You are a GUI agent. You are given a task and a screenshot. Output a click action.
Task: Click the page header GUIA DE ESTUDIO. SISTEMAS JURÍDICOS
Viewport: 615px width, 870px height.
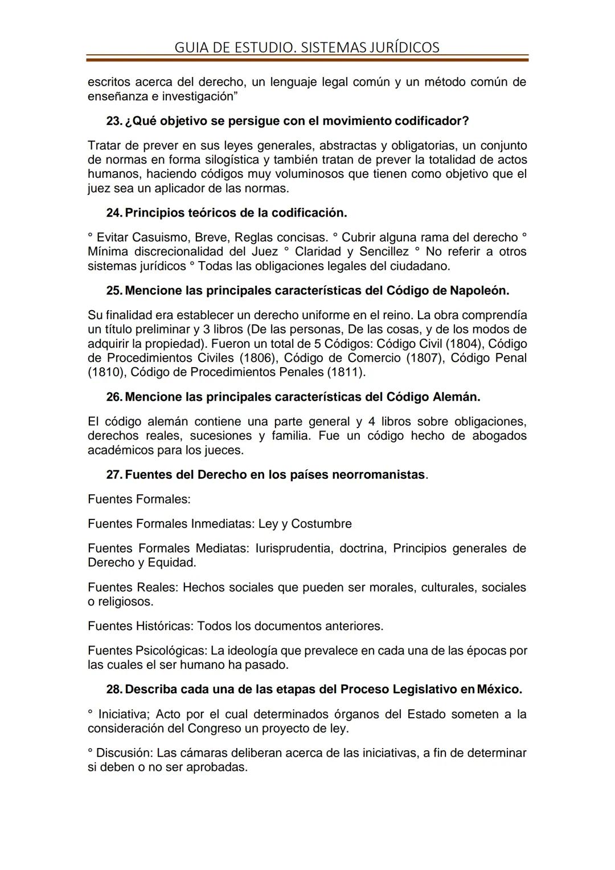pos(307,47)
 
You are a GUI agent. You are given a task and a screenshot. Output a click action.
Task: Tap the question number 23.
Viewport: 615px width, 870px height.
pos(114,121)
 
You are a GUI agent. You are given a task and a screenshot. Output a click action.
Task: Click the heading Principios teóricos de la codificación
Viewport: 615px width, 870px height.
pos(236,213)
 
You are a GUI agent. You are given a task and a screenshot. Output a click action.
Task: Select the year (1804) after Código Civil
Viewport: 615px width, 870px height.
pos(463,344)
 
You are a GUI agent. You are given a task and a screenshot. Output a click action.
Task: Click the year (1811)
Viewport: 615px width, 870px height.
pos(346,372)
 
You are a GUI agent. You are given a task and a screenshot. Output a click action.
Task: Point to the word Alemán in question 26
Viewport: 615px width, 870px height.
pos(457,397)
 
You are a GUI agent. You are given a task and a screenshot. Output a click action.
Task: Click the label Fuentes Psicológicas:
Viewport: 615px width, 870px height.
pos(147,651)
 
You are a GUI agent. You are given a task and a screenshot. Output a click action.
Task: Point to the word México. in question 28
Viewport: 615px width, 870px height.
pos(499,689)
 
